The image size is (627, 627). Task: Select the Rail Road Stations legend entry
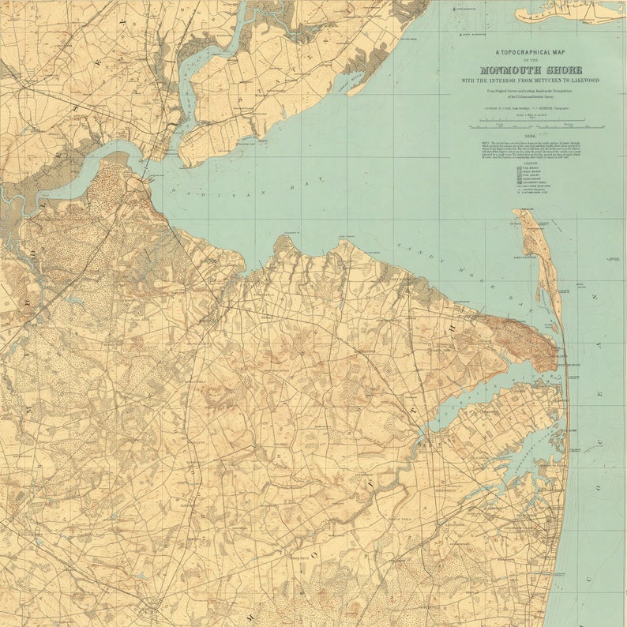(527, 187)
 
